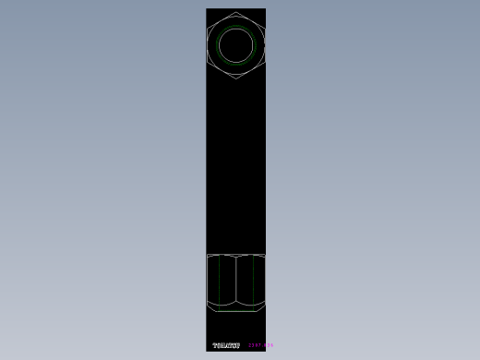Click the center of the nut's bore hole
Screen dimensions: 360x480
tap(236, 45)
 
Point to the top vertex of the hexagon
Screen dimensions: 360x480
tap(236, 12)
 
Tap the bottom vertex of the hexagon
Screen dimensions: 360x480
tap(236, 78)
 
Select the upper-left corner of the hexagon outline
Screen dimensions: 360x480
tap(208, 29)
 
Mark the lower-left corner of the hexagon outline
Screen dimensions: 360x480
tap(208, 62)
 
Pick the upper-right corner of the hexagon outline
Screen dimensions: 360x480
tap(265, 29)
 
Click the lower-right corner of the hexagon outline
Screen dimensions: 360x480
tap(265, 62)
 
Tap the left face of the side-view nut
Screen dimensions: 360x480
tap(222, 282)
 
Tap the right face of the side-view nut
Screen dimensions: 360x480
tap(250, 282)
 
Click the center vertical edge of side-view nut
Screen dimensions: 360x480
tap(236, 282)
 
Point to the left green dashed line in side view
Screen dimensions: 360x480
tap(219, 282)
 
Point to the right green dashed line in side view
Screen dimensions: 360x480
tap(253, 282)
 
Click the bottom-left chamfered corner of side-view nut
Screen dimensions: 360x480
tap(210, 305)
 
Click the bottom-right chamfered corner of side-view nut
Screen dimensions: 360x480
tap(263, 305)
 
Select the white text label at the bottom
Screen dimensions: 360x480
tap(226, 346)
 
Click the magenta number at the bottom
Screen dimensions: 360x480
tap(260, 346)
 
